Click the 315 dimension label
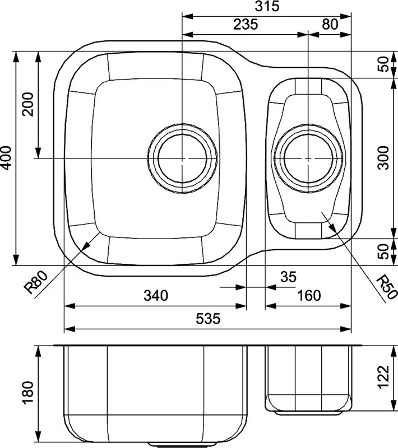click(x=267, y=6)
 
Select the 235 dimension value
click(x=246, y=24)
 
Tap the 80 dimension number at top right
click(x=330, y=24)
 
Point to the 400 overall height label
click(x=6, y=158)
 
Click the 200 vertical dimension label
click(x=28, y=104)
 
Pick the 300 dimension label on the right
click(x=383, y=158)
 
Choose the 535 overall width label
click(x=208, y=319)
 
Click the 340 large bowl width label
click(x=156, y=296)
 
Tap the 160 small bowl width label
click(x=309, y=296)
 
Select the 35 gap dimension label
click(x=289, y=277)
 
